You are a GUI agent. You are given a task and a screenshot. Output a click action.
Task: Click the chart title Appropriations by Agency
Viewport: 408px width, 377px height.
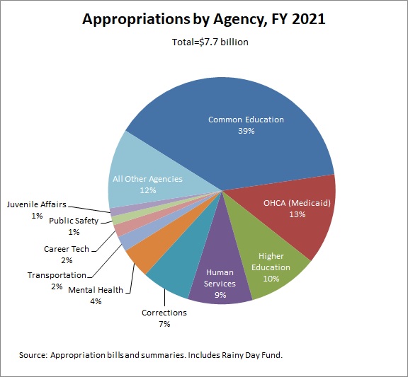204,19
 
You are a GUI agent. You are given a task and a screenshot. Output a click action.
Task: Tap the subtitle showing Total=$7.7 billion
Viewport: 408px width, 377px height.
204,42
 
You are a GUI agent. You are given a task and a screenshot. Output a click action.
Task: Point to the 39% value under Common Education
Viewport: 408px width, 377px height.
246,132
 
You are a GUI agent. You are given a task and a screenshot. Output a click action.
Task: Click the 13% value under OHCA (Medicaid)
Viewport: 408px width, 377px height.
297,214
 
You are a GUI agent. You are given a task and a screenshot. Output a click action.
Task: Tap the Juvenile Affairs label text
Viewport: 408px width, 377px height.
37,205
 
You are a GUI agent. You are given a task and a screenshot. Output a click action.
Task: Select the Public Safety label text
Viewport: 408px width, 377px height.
74,221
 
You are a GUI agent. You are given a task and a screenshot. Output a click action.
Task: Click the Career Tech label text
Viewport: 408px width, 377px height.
68,249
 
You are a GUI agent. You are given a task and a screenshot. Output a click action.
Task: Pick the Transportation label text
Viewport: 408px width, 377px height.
57,275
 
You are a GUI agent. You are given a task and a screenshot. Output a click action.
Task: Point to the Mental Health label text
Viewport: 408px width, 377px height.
95,289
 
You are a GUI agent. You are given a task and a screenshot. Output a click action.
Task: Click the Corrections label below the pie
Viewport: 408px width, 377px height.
164,313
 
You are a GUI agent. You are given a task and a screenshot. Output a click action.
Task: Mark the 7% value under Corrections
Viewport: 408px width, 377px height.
164,324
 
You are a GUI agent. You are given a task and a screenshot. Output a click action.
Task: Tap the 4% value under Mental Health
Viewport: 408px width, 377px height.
95,301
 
